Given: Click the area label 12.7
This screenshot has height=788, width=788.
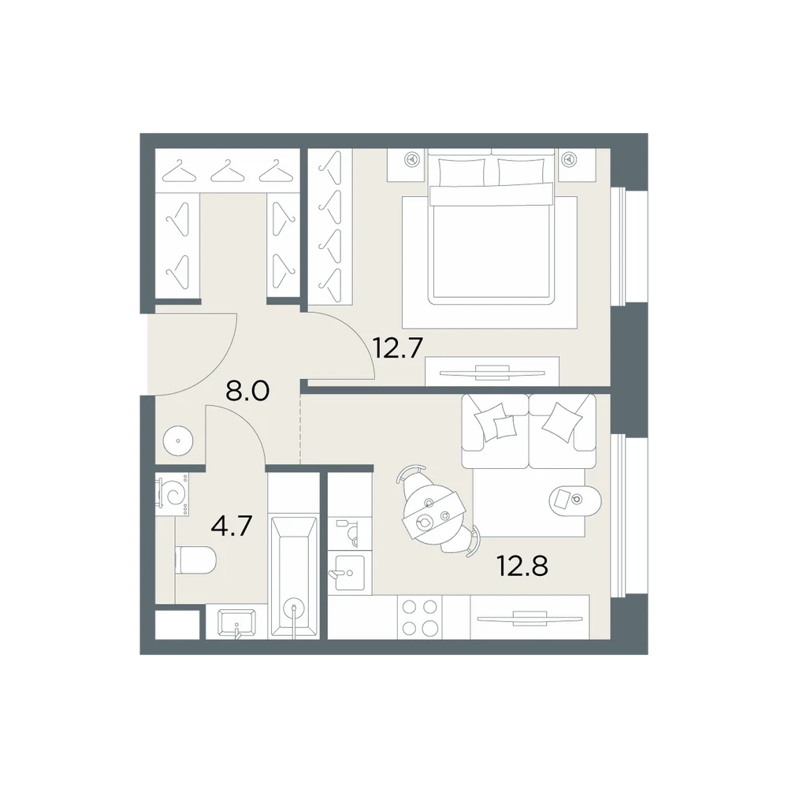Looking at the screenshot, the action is click(x=397, y=348).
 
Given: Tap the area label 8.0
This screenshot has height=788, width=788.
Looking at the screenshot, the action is click(x=247, y=391).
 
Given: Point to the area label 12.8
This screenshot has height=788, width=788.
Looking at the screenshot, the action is click(x=522, y=567).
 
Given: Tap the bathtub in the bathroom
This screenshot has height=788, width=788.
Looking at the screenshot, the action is click(x=294, y=576).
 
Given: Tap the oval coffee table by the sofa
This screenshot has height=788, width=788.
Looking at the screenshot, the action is click(x=575, y=500).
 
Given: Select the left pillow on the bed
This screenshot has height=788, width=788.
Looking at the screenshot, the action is click(x=462, y=173).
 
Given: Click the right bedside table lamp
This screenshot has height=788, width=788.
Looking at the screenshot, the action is click(x=570, y=160).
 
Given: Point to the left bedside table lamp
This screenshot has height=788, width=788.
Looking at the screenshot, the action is click(x=412, y=160).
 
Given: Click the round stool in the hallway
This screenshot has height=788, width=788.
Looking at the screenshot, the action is click(x=178, y=440).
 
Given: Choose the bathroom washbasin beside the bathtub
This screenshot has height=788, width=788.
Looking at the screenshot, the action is click(x=236, y=623).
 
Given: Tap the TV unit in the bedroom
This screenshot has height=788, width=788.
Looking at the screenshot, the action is click(x=492, y=371).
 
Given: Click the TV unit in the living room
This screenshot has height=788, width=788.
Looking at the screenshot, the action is click(x=530, y=617).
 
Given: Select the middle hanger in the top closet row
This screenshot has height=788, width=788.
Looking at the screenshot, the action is click(x=227, y=171).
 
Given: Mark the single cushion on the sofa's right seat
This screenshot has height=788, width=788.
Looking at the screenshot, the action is click(x=563, y=422).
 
